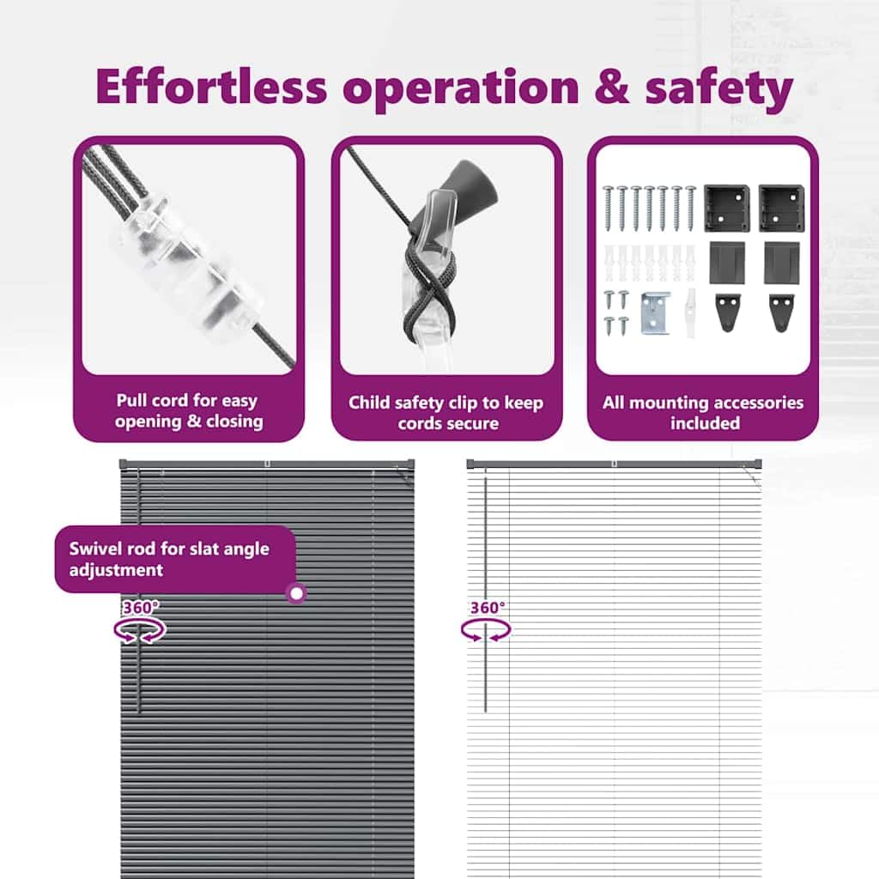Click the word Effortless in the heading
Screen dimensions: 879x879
coord(211,87)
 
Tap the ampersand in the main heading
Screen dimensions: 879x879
coord(611,87)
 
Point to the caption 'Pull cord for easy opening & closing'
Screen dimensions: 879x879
coord(189,411)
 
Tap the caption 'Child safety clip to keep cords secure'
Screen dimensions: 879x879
coord(446,413)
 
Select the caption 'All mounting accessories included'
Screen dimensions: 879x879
coord(704,413)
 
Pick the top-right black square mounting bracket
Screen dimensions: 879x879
coord(781,208)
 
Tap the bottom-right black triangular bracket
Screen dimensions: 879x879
coord(781,312)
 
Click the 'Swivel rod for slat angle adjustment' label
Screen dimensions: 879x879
coord(175,559)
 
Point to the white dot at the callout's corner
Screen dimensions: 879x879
coord(296,592)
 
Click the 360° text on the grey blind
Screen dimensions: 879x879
coord(141,608)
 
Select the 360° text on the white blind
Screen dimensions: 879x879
coord(488,608)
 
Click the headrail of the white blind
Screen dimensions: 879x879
coord(614,464)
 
